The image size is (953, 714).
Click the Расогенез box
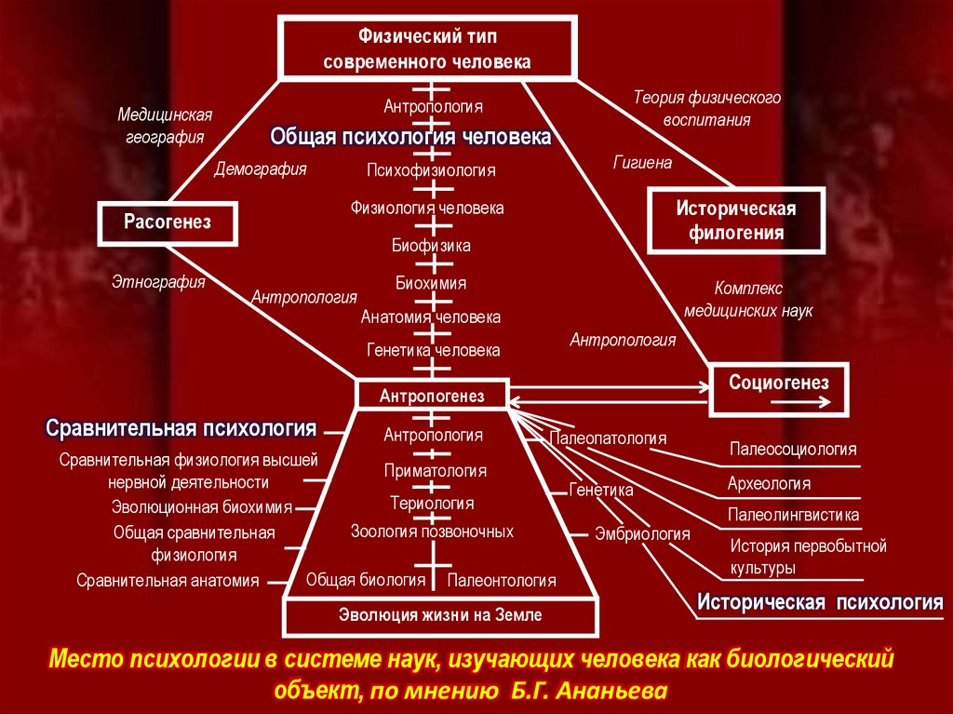coord(168,222)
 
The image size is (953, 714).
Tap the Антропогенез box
coord(432,396)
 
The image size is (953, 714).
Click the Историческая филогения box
coord(735,221)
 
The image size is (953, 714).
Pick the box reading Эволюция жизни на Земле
coord(439,615)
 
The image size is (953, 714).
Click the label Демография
coord(261,169)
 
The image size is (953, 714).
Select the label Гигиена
coord(642,162)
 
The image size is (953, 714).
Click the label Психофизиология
coord(431,170)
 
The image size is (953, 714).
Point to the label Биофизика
coord(431,246)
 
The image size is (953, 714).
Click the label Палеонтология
coord(502,581)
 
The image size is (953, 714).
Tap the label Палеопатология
coord(609,437)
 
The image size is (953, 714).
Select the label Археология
coord(769,484)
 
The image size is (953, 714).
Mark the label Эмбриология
coord(642,534)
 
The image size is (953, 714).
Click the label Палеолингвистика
coord(794,515)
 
